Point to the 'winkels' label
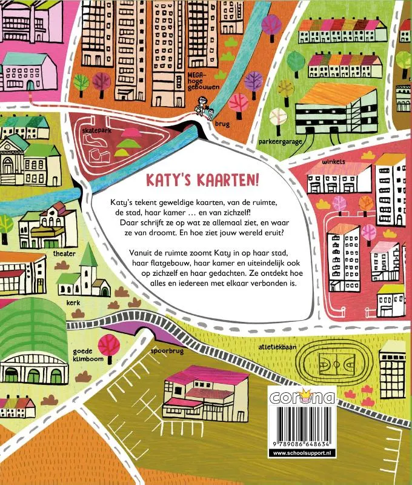[317, 162]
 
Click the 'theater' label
[64, 253]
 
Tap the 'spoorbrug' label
[164, 350]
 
